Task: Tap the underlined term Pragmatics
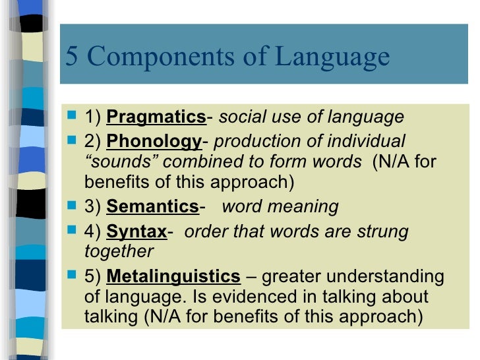156,118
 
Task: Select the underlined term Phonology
154,142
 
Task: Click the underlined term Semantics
152,207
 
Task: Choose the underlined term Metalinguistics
173,276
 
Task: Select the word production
253,142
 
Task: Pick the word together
119,252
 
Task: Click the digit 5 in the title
72,58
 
